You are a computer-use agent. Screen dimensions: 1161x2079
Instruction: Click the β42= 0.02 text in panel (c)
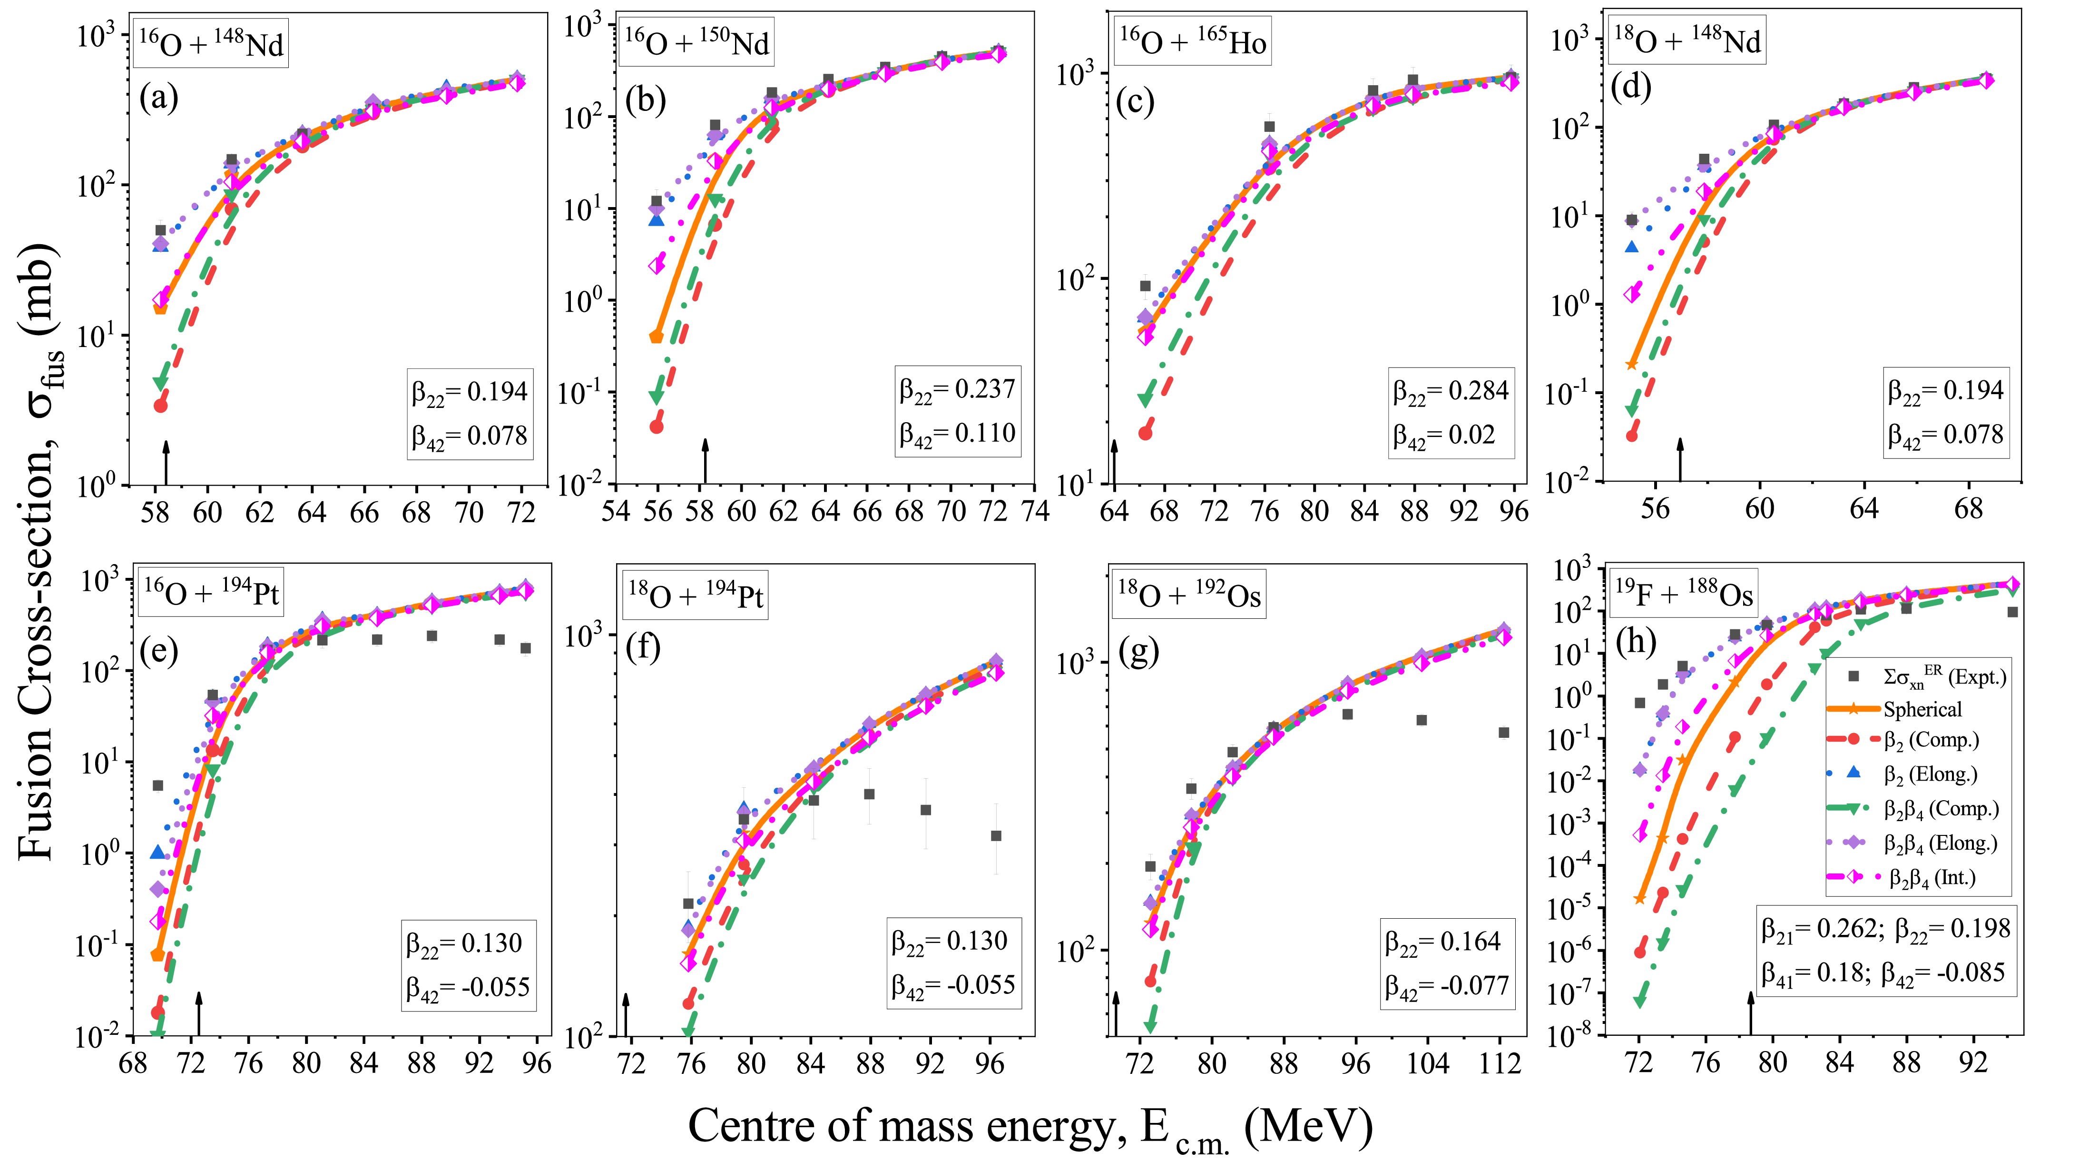coord(1444,436)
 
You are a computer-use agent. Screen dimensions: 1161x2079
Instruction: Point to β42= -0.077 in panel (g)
coord(1446,987)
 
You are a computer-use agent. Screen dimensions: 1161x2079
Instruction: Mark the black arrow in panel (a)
coord(166,463)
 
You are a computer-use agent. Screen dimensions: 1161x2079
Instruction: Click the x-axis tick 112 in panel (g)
coord(1500,1063)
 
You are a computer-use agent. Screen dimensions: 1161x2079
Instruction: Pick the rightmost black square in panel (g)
coord(1503,732)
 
